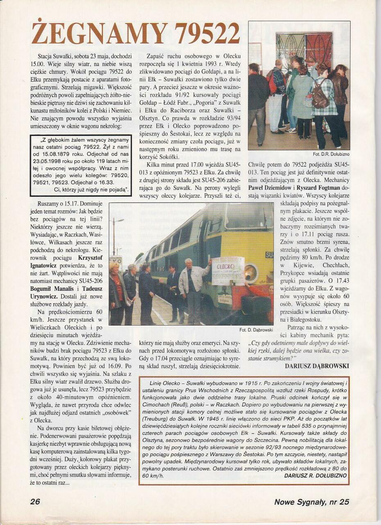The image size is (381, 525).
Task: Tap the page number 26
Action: tap(35, 501)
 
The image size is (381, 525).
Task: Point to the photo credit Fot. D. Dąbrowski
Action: tap(256, 329)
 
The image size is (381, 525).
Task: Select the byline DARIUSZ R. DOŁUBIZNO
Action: tap(315, 475)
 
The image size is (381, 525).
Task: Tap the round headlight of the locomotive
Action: tap(251, 273)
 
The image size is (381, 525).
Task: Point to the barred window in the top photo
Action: tap(304, 50)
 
